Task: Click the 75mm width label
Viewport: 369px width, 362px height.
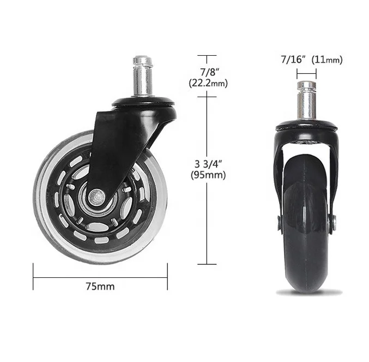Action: click(x=100, y=286)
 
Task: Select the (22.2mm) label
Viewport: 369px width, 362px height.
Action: click(x=208, y=84)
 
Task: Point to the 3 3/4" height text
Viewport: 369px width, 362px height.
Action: click(x=208, y=164)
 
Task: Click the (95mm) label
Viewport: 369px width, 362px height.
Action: click(x=208, y=175)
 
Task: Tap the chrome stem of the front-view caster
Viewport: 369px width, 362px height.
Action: click(x=307, y=101)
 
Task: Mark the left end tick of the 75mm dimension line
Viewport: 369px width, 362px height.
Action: click(x=33, y=276)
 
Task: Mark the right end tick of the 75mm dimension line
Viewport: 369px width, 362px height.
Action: click(x=167, y=276)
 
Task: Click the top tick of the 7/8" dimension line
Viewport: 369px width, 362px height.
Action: click(x=207, y=55)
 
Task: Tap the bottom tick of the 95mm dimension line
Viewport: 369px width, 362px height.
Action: click(x=207, y=264)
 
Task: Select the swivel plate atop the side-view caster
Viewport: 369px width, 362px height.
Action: click(x=143, y=102)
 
